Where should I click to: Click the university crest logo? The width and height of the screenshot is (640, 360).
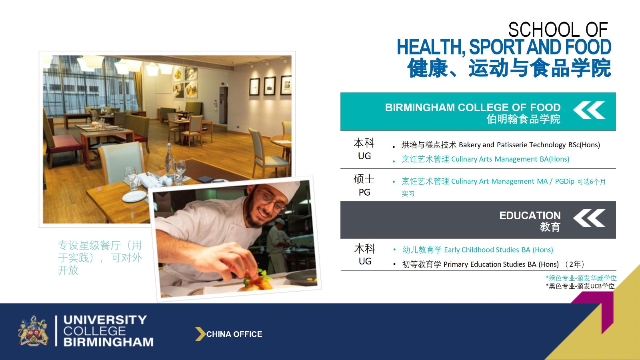click(33, 331)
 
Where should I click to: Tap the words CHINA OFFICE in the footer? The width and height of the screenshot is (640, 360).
click(234, 334)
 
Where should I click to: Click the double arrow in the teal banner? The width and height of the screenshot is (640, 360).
click(589, 110)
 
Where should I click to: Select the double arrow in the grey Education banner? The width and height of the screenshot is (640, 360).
click(589, 218)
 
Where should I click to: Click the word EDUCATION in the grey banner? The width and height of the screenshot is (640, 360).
click(530, 216)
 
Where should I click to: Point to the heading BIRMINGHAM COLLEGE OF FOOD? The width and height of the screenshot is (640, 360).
click(472, 108)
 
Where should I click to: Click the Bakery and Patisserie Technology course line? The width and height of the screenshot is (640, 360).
click(500, 145)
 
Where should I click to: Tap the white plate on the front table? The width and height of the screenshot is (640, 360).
click(134, 196)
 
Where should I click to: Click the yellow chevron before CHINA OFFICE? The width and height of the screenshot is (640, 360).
click(200, 334)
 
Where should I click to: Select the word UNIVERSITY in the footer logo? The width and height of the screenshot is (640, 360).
click(105, 320)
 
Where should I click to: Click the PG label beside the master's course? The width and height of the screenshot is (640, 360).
click(364, 192)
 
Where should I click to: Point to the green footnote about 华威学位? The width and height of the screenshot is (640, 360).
click(581, 278)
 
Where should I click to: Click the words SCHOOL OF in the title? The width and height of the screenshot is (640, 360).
click(558, 30)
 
